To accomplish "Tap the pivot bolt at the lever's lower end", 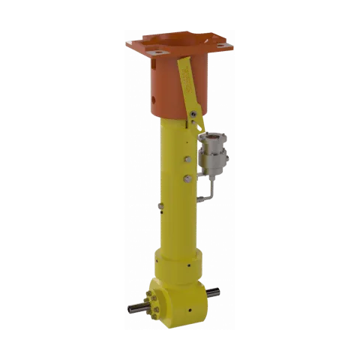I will pos(193,114).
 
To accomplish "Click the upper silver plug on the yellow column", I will pos(186,159).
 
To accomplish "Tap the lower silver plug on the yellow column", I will pos(186,178).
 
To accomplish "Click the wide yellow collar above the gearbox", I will pos(177,262).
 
